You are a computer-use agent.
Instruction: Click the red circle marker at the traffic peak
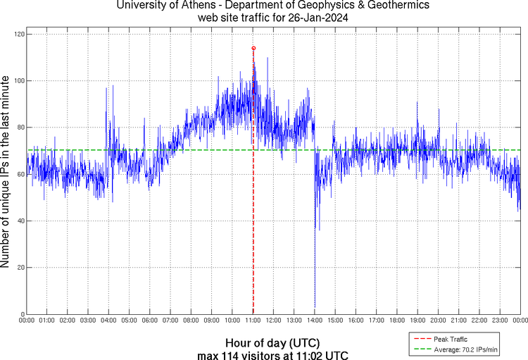point(253,48)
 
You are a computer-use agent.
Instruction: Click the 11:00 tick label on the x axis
point(253,321)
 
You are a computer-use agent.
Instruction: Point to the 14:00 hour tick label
point(315,321)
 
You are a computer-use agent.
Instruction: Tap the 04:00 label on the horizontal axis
point(108,321)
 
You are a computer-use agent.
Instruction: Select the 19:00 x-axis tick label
point(417,321)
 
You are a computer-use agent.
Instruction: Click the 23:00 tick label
point(500,321)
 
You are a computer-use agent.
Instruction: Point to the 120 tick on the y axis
point(18,35)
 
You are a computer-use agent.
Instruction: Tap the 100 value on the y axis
point(18,81)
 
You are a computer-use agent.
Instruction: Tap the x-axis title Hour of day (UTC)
point(272,342)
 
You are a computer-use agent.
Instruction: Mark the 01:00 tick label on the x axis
point(46,321)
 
